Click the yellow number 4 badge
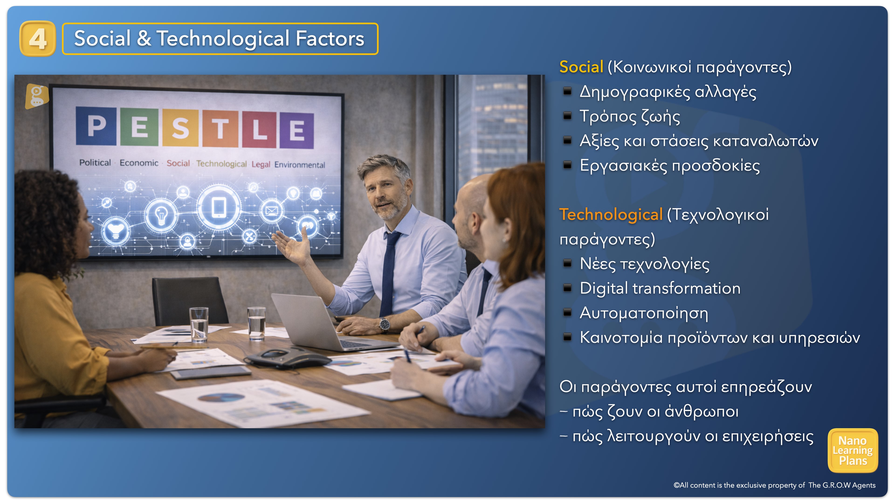tap(38, 38)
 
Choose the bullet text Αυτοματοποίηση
tap(644, 313)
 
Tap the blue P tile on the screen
tap(96, 126)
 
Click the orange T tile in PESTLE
tap(220, 129)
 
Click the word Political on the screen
tap(95, 163)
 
